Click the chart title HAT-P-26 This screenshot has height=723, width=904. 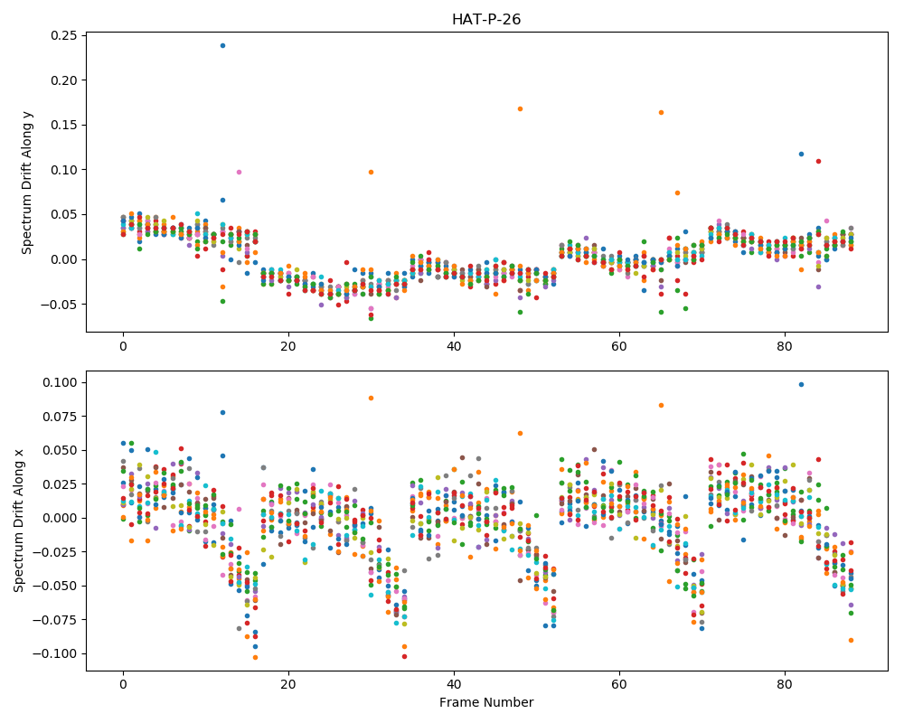click(x=486, y=20)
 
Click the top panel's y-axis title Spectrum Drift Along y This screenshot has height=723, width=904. click(x=26, y=183)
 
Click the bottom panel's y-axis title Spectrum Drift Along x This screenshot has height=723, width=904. click(x=18, y=521)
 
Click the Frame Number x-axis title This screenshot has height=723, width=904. click(x=486, y=702)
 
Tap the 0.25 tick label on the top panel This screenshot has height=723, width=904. click(x=65, y=36)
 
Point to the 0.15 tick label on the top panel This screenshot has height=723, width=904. click(x=65, y=125)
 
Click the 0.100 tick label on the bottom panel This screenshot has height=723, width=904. click(x=62, y=383)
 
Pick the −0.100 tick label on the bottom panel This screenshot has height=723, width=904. click(x=55, y=653)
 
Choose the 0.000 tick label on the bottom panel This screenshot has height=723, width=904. click(x=62, y=519)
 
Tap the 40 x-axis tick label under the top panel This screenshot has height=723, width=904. click(x=454, y=347)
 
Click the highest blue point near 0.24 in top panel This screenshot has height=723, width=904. click(x=222, y=45)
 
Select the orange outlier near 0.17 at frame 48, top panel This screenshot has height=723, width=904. click(x=520, y=109)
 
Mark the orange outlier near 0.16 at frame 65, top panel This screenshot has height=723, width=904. click(x=662, y=112)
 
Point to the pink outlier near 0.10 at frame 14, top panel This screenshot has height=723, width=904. click(x=240, y=173)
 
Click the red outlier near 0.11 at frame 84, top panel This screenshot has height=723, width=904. click(x=818, y=162)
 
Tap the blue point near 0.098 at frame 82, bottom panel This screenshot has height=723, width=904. click(x=801, y=385)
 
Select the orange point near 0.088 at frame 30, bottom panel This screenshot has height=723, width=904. click(x=372, y=399)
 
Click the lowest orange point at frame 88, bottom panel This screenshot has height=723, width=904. click(x=851, y=640)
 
